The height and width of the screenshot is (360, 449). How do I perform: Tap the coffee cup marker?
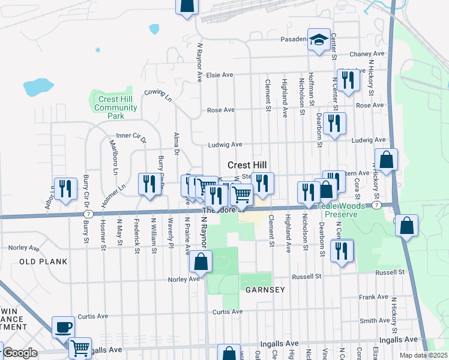(64, 328)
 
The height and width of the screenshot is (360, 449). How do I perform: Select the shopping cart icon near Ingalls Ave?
(80, 347)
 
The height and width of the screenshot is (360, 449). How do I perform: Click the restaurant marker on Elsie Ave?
(348, 79)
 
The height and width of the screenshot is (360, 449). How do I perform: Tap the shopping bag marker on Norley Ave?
(201, 262)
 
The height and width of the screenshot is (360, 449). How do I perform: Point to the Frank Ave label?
(374, 297)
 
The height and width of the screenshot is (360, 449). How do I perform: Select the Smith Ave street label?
(376, 321)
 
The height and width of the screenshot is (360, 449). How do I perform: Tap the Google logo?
(20, 353)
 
